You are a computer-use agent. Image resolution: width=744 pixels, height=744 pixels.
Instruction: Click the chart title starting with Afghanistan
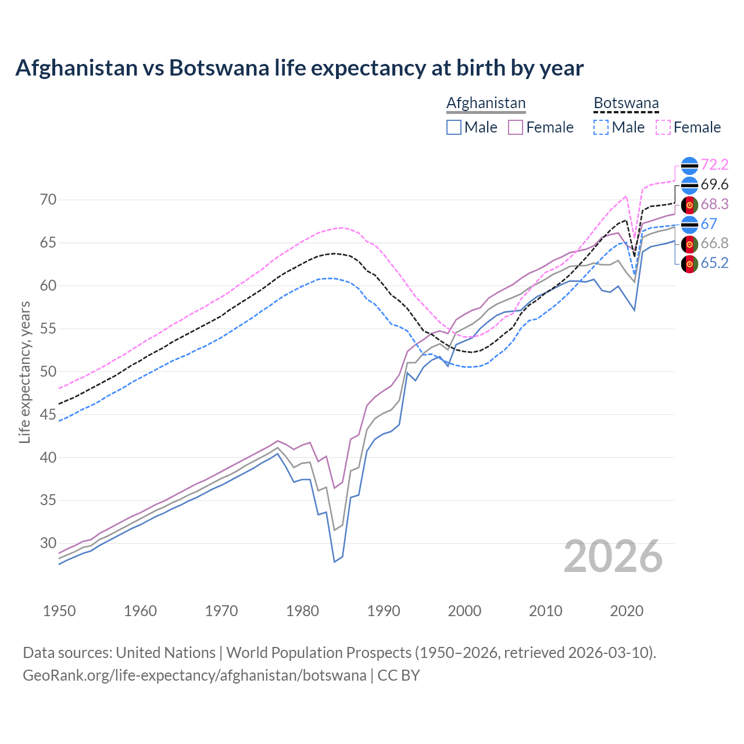299,68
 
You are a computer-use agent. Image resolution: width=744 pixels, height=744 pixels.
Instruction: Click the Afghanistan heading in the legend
485,103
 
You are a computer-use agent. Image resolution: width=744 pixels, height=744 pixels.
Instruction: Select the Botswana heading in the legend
626,103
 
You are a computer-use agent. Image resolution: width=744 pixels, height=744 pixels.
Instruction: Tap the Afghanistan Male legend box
454,127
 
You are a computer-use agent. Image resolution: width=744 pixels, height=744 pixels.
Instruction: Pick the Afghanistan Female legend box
516,127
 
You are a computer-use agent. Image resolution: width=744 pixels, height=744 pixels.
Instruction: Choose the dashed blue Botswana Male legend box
601,127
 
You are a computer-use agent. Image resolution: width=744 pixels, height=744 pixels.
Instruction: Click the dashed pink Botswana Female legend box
663,127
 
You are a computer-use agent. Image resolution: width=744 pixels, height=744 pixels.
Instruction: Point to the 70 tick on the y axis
48,200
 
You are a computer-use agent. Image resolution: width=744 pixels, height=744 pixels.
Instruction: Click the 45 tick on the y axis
48,414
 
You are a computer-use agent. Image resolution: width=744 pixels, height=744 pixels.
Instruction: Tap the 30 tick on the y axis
48,543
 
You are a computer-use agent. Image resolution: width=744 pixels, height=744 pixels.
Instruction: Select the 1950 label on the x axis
59,611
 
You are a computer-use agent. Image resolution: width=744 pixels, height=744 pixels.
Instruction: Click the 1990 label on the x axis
384,611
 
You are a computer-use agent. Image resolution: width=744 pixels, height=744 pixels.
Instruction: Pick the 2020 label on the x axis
627,611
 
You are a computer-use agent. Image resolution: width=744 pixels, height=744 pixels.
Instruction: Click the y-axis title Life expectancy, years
24,372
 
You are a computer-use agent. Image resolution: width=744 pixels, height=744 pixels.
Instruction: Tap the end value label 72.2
714,165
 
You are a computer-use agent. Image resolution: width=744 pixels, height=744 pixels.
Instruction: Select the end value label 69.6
714,185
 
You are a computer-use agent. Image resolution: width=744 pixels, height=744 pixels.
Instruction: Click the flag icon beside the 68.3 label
689,205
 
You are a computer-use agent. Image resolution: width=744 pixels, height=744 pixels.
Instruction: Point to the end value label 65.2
714,263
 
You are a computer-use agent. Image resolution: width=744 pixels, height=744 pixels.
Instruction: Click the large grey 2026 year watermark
613,556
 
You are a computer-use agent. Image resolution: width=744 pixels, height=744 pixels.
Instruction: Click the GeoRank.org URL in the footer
194,675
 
